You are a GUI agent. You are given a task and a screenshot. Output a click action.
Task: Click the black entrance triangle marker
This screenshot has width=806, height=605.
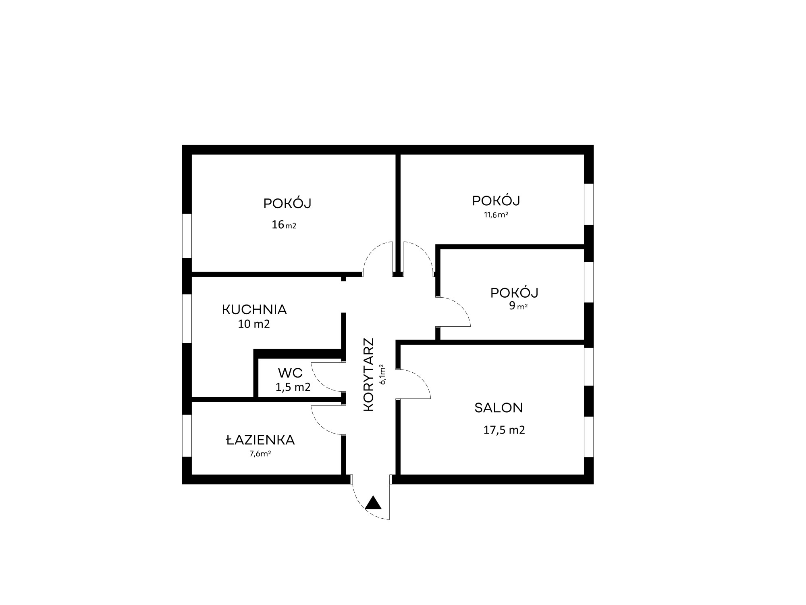coord(373,503)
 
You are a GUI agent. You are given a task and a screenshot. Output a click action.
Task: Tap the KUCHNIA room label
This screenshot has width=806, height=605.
coord(254,310)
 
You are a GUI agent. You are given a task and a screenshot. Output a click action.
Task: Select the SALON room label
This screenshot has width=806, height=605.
coord(499,408)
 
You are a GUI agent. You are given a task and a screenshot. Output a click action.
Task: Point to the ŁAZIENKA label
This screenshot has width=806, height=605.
coord(260,440)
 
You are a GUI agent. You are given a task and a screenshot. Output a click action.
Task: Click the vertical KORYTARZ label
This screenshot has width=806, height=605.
coord(369,375)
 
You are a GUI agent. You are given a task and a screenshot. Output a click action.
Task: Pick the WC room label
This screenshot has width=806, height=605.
coord(290,373)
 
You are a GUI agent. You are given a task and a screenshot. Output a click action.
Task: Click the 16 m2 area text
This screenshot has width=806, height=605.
coord(284,225)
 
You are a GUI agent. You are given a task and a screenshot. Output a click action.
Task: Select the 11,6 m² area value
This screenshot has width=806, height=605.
coord(496,215)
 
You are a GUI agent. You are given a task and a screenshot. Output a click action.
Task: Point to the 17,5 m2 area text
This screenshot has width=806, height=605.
coord(504,430)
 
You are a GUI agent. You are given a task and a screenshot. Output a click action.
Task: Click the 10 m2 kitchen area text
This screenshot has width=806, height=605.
coord(254,324)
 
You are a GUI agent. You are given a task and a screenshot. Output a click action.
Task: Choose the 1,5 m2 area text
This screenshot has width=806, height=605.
coord(293,387)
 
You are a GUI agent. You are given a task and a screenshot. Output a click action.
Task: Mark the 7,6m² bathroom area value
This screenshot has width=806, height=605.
coord(260,454)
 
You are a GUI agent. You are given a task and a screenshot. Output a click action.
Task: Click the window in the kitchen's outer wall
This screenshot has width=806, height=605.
coord(187,319)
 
